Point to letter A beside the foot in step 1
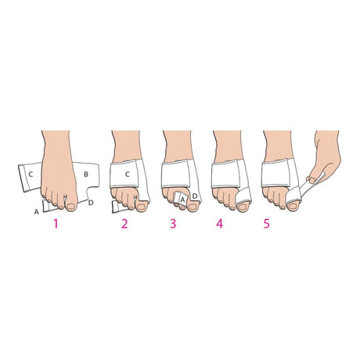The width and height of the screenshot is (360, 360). pyautogui.click(x=37, y=211)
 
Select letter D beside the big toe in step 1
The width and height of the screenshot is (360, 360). pyautogui.click(x=92, y=203)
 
